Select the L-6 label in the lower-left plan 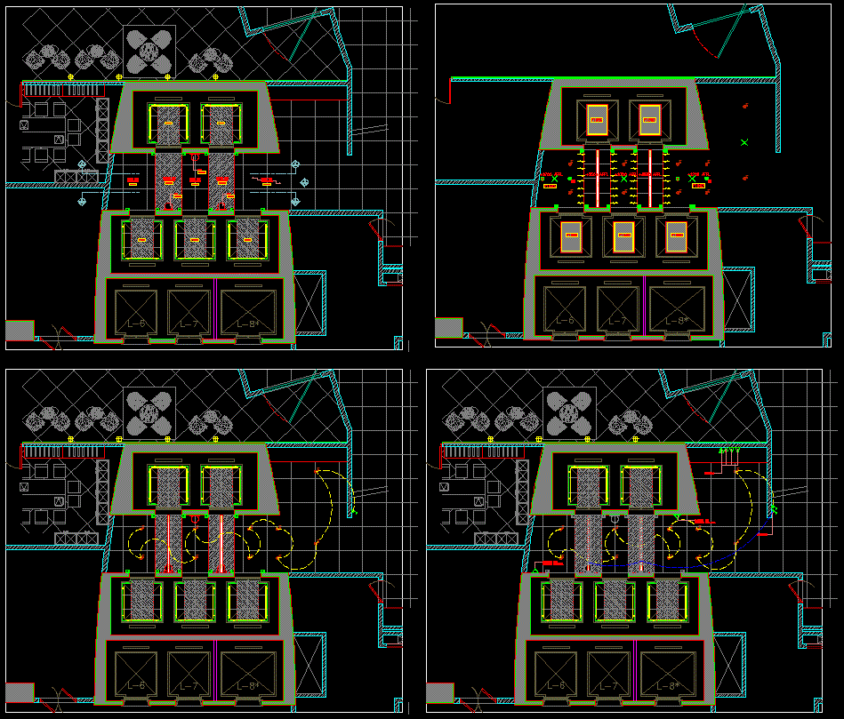tap(136, 686)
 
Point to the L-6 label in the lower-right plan tap(556, 686)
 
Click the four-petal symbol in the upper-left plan tap(149, 51)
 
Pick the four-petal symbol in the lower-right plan tap(569, 413)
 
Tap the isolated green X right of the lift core tap(744, 142)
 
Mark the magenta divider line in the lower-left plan tap(214, 672)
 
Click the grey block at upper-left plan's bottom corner tap(20, 330)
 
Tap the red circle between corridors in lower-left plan tap(194, 519)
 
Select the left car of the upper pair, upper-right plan tap(597, 119)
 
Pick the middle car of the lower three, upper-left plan tap(195, 239)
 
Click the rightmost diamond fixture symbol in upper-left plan tap(305, 182)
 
